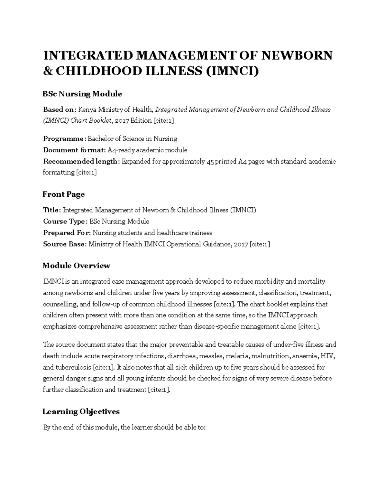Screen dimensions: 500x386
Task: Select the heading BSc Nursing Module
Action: [x=82, y=94]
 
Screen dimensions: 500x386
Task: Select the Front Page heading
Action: [x=64, y=194]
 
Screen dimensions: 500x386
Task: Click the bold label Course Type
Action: [x=64, y=222]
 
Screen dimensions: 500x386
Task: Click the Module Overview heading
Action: [x=76, y=266]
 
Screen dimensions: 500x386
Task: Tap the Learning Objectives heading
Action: [x=81, y=412]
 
